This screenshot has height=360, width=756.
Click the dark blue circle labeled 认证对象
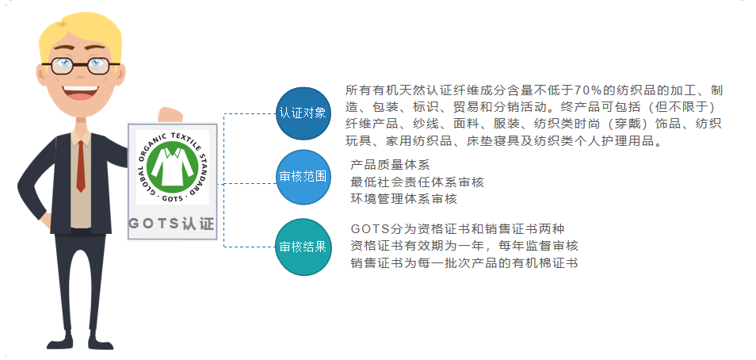click(x=304, y=113)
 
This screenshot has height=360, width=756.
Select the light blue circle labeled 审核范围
click(x=304, y=177)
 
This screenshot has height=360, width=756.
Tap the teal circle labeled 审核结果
click(x=304, y=247)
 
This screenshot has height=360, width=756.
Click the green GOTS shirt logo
click(x=173, y=166)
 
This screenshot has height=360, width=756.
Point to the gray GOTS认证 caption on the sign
click(x=172, y=224)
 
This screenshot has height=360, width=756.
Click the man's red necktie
click(x=81, y=167)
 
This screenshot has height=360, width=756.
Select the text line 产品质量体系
click(x=390, y=165)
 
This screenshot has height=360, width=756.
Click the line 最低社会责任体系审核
click(x=417, y=182)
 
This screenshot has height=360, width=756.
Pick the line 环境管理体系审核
click(x=403, y=199)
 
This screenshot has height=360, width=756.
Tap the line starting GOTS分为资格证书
click(x=457, y=228)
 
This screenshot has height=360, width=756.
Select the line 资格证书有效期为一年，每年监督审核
click(x=464, y=246)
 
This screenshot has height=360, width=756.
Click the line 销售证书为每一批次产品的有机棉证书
click(x=464, y=263)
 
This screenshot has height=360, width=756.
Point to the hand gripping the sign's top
click(x=170, y=115)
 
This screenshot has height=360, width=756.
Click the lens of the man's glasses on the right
click(x=99, y=66)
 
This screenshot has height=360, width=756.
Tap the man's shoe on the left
click(x=59, y=343)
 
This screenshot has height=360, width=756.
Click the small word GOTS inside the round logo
click(x=172, y=198)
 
